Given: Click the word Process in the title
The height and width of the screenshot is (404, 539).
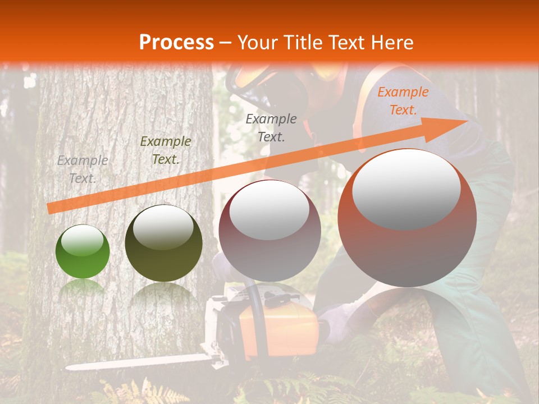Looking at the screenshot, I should point(176,43).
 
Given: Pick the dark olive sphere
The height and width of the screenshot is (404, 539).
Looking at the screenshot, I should point(163,244).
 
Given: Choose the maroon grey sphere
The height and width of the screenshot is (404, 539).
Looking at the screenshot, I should point(269,231).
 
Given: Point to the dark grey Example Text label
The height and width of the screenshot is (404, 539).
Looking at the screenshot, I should point(271,127).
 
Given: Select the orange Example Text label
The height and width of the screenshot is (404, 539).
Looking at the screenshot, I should point(403,101).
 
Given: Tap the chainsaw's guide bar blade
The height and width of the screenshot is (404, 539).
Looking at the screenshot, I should point(135,362).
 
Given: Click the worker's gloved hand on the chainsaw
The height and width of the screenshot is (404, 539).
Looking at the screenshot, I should point(337,323).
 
